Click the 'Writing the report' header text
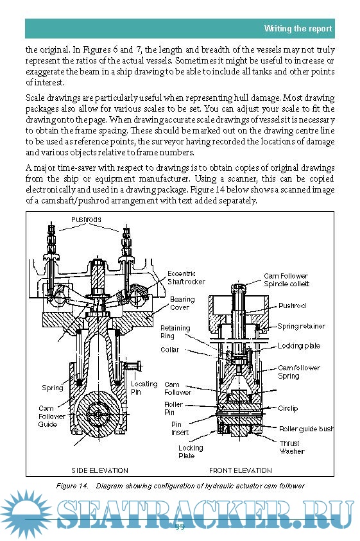point(298,28)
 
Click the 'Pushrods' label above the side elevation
point(86,219)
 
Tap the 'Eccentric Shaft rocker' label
point(186,278)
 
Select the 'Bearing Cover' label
point(182,304)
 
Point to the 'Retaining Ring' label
point(175,332)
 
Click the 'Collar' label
point(170,350)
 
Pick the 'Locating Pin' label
point(144,388)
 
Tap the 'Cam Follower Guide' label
point(51,416)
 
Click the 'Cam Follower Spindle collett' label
point(286,280)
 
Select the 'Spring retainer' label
point(301,326)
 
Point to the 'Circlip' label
point(288,409)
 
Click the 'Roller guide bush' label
point(307,429)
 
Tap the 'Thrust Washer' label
point(292,447)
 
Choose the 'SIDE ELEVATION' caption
point(99,470)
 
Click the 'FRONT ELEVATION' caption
point(241,470)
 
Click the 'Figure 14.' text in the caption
point(72,486)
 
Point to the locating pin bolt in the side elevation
point(133,366)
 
